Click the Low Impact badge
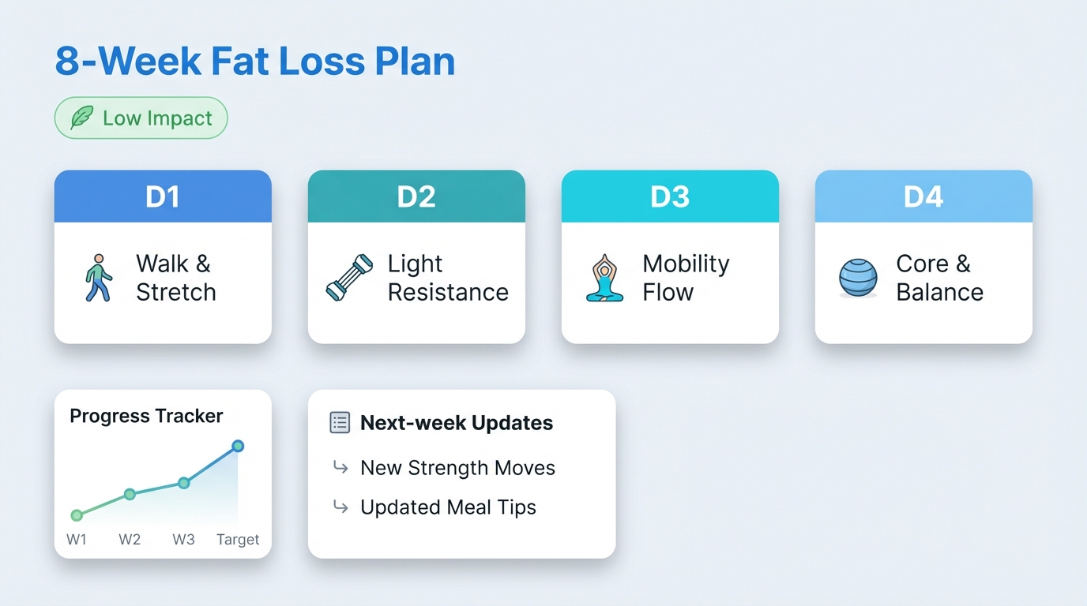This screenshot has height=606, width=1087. click(141, 118)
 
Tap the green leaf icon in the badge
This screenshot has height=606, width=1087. click(81, 118)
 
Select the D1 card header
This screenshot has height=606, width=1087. click(163, 196)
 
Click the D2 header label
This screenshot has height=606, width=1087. click(416, 196)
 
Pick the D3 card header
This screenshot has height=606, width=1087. click(670, 196)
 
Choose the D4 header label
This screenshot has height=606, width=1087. click(923, 196)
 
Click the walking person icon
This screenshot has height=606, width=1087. click(98, 278)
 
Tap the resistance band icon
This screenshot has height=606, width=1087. click(349, 278)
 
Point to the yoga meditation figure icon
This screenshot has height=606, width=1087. click(605, 278)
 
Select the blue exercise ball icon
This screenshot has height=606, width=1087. click(858, 279)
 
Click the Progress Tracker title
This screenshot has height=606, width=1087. click(146, 416)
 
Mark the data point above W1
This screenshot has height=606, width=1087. click(77, 515)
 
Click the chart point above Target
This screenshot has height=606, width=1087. click(238, 446)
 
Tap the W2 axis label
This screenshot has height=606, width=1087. click(130, 540)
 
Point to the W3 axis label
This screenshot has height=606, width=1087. click(183, 540)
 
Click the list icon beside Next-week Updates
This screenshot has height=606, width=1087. click(339, 423)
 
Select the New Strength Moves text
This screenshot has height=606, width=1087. click(457, 468)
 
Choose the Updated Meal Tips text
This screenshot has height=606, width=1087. click(448, 507)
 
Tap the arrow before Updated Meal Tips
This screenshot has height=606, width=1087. click(340, 507)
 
